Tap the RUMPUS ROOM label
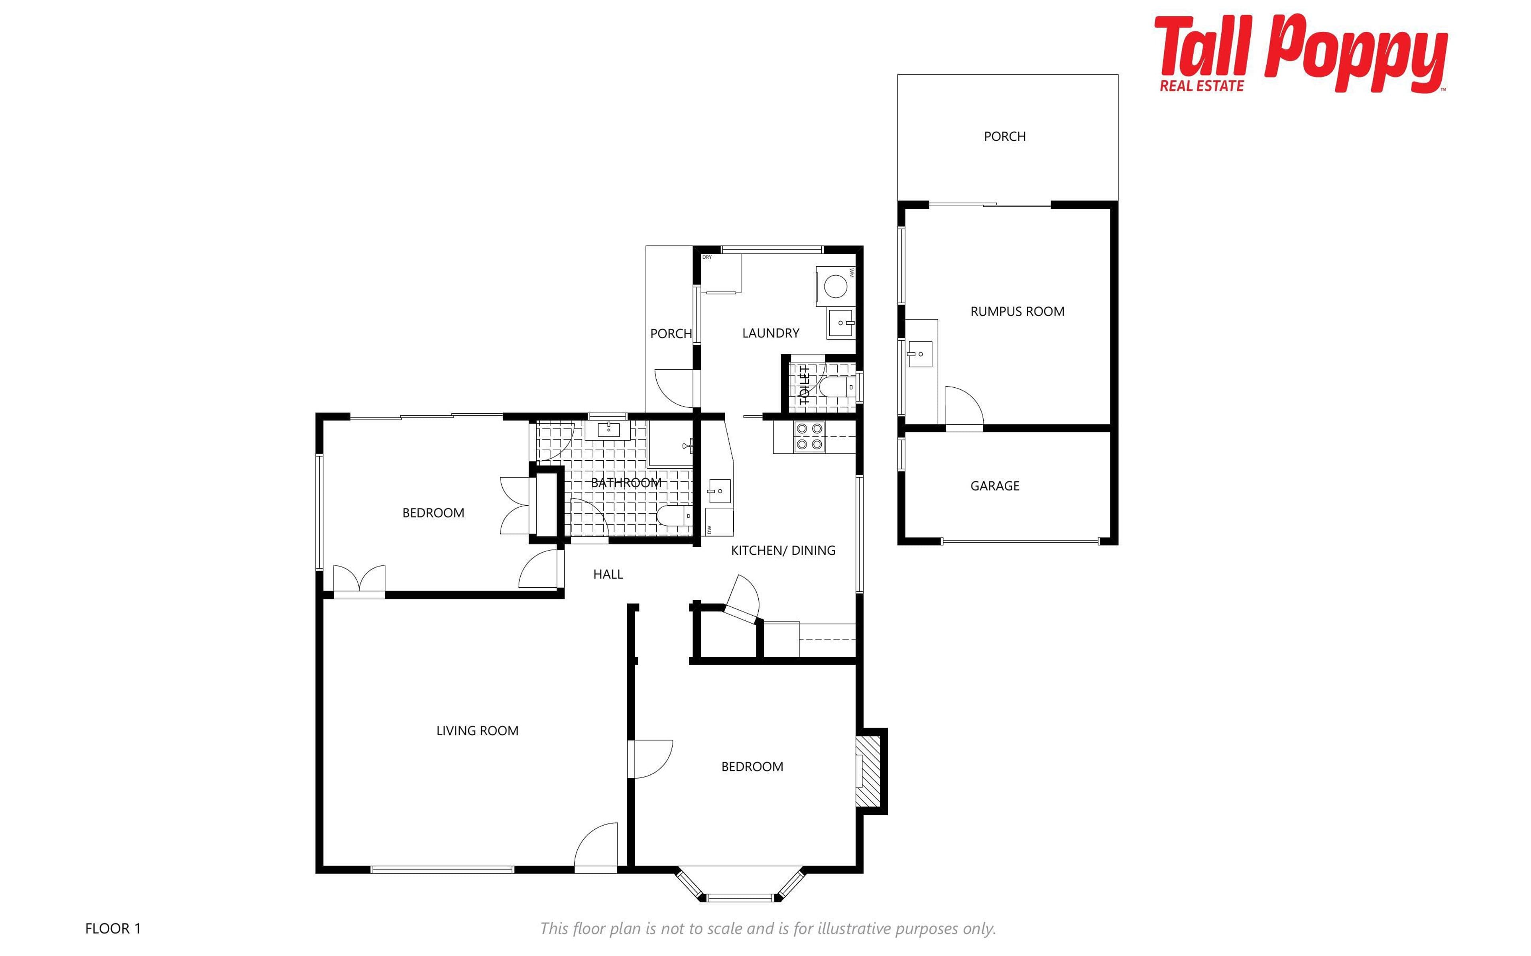1017,311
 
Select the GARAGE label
995,486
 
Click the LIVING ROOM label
478,730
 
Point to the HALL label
608,574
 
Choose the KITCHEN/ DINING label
783,550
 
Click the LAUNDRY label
771,333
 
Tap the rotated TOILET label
805,385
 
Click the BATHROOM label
626,483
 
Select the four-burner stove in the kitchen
809,436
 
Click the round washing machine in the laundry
835,287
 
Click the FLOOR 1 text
113,928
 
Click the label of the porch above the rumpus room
1005,136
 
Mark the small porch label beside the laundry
671,333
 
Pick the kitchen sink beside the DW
718,491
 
